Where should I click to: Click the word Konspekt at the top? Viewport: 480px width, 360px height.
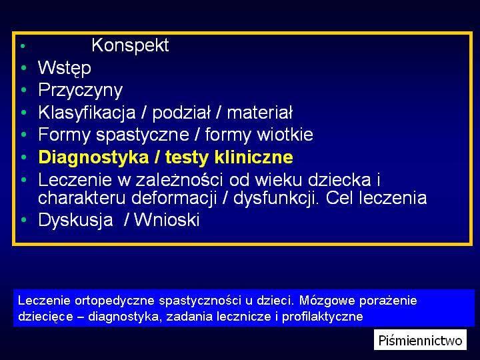130,46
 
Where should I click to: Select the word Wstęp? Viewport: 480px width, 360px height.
65,68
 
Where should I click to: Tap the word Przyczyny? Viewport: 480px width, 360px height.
80,91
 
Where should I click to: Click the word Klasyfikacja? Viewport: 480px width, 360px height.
87,113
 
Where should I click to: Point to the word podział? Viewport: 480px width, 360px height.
181,113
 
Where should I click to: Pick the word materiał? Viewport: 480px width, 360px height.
260,113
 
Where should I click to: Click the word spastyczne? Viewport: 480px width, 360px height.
143,135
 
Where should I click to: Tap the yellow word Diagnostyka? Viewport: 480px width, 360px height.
94,157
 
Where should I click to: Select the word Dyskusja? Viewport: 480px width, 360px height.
75,220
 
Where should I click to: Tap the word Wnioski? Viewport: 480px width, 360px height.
167,220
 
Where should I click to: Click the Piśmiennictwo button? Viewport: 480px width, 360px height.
420,340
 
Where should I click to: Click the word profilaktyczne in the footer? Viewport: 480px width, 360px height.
323,317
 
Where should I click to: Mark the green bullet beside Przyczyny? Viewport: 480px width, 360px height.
24,90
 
